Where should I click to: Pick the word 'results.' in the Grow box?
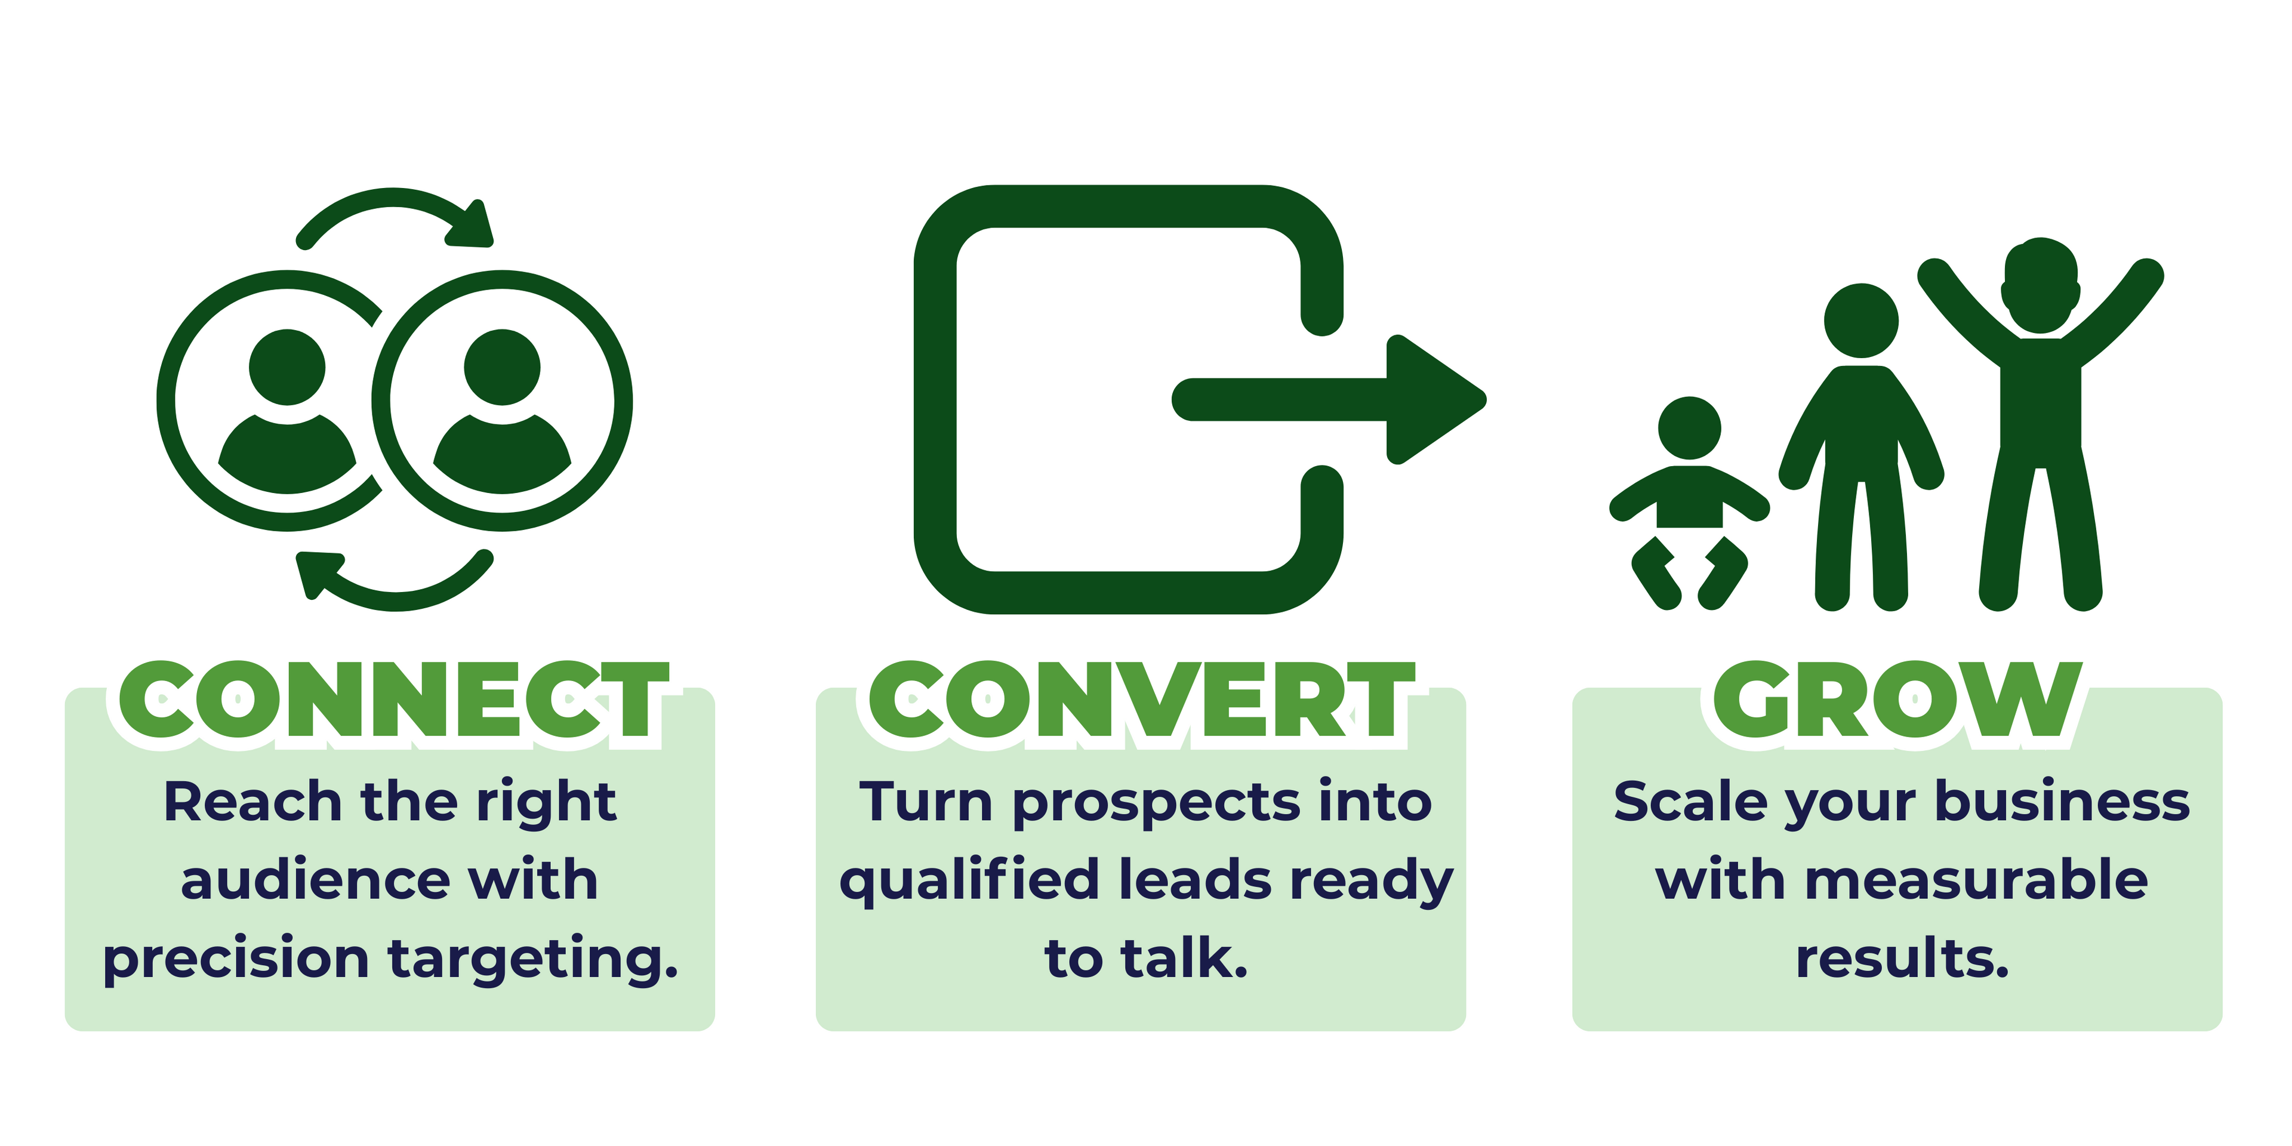tap(1902, 959)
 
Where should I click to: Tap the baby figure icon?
tap(1689, 503)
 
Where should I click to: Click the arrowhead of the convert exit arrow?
tap(1432, 399)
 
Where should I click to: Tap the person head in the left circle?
tap(286, 366)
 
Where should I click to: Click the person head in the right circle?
tap(502, 366)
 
